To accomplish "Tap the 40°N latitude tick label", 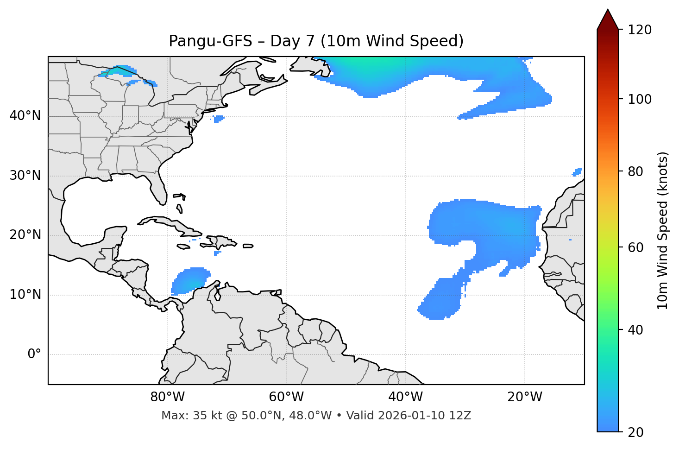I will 25,116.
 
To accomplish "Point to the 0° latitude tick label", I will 34,354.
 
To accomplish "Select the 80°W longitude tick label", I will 167,397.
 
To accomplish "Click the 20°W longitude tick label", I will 525,397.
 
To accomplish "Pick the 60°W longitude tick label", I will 286,397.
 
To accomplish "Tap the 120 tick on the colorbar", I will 640,30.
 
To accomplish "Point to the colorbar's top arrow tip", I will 608,10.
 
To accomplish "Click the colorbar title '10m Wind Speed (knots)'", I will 663,231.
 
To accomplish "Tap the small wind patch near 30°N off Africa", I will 577,172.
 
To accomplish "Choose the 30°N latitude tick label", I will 25,176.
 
